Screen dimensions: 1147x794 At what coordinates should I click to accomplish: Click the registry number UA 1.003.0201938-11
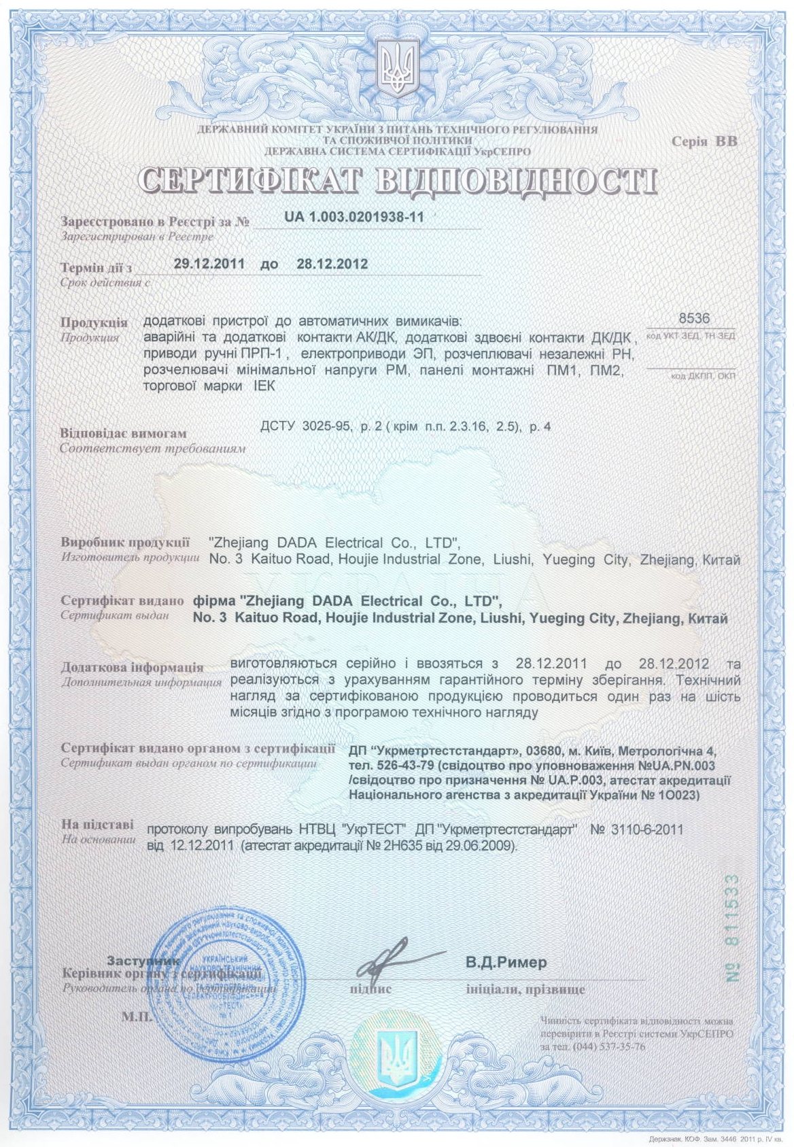coord(354,217)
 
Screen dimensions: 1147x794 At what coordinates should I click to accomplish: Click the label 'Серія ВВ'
coord(704,141)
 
